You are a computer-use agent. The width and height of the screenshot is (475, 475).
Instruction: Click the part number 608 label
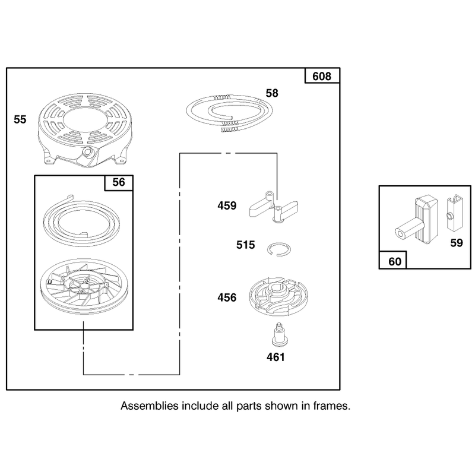coord(322,76)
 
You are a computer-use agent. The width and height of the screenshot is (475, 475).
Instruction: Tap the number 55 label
coord(20,119)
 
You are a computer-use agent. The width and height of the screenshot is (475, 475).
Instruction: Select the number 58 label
coord(272,93)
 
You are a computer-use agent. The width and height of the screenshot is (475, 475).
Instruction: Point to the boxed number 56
coord(118,182)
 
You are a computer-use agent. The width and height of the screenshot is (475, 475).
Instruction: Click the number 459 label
coord(227,205)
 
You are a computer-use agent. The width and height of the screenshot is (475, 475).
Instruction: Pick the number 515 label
coord(246,245)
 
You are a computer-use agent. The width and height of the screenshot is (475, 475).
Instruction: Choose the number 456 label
coord(227,297)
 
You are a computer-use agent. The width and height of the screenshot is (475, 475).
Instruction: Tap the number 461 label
coord(275,357)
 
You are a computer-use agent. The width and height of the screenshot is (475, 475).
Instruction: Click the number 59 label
coord(457,243)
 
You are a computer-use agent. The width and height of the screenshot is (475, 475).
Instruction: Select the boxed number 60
coord(395,261)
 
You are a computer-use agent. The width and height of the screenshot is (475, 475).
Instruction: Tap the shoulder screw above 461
coord(279,334)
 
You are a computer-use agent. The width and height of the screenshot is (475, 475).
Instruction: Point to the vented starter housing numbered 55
coord(85,130)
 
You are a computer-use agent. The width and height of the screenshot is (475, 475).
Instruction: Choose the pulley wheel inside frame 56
coord(84,286)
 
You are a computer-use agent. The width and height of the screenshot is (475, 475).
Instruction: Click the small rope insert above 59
coord(454,213)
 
